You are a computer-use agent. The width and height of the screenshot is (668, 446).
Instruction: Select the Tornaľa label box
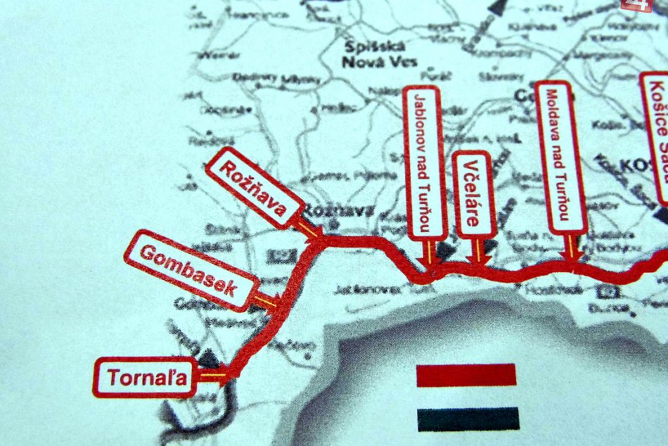[145, 378]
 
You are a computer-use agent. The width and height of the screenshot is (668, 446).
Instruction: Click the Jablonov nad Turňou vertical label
[426, 161]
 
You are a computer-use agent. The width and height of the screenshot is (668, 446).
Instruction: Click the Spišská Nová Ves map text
[378, 54]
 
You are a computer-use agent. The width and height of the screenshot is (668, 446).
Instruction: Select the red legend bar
[466, 375]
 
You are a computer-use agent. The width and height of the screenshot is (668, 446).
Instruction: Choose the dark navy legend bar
[468, 419]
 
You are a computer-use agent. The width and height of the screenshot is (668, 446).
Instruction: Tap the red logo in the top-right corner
[636, 5]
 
